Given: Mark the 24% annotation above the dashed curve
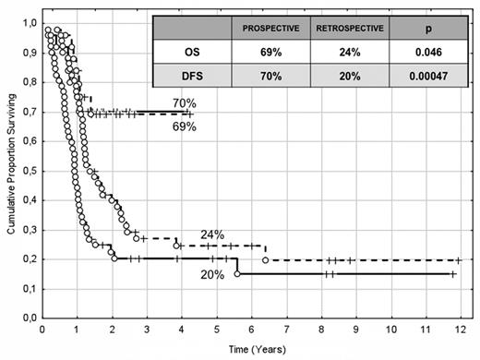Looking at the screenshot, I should tap(213, 234).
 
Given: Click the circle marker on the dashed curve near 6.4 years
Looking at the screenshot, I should tap(266, 260).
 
